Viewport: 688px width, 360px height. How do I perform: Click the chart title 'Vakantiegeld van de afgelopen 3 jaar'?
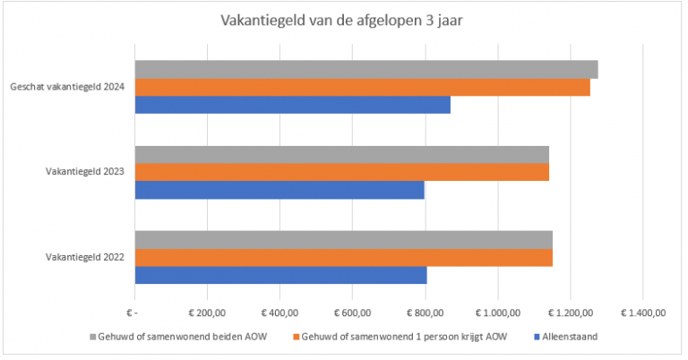(344, 20)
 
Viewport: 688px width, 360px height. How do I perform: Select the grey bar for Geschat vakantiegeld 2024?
(365, 70)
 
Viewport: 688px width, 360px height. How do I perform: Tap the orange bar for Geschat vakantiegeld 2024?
(362, 87)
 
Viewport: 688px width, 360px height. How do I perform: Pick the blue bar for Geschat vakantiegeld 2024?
(292, 105)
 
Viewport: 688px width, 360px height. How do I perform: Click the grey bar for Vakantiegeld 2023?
(341, 154)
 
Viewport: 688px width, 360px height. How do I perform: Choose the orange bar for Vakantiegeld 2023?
(341, 172)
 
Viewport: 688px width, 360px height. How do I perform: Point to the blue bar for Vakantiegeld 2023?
(279, 190)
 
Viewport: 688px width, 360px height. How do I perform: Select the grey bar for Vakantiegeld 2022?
(343, 239)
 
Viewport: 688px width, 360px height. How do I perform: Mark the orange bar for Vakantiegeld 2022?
(343, 257)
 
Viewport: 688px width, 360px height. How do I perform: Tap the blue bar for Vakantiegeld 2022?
(280, 275)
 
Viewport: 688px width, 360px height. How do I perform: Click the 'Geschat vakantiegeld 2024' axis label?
(67, 87)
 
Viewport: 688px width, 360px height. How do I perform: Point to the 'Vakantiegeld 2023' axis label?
(85, 172)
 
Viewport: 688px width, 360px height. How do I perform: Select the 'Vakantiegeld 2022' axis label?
(85, 257)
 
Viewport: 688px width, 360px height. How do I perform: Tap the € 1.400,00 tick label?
(641, 313)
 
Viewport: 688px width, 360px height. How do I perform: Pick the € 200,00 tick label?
(208, 313)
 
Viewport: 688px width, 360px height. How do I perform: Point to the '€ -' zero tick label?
(134, 313)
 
